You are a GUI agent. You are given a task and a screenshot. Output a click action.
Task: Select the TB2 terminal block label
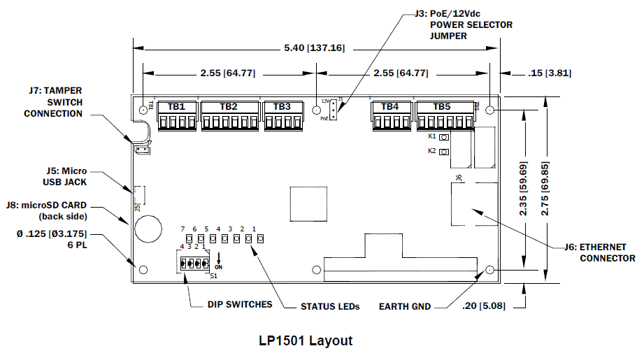[x=229, y=107]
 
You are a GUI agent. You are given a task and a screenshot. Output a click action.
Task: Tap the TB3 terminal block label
[x=282, y=107]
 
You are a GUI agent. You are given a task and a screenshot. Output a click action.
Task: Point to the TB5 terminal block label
[x=442, y=107]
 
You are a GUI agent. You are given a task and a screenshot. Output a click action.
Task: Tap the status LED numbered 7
[x=189, y=239]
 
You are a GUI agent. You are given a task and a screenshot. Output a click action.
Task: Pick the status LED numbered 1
[x=260, y=239]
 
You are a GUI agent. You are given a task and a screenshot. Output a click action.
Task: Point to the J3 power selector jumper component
[x=335, y=110]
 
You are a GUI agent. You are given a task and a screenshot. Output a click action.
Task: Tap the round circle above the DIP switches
[x=148, y=226]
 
